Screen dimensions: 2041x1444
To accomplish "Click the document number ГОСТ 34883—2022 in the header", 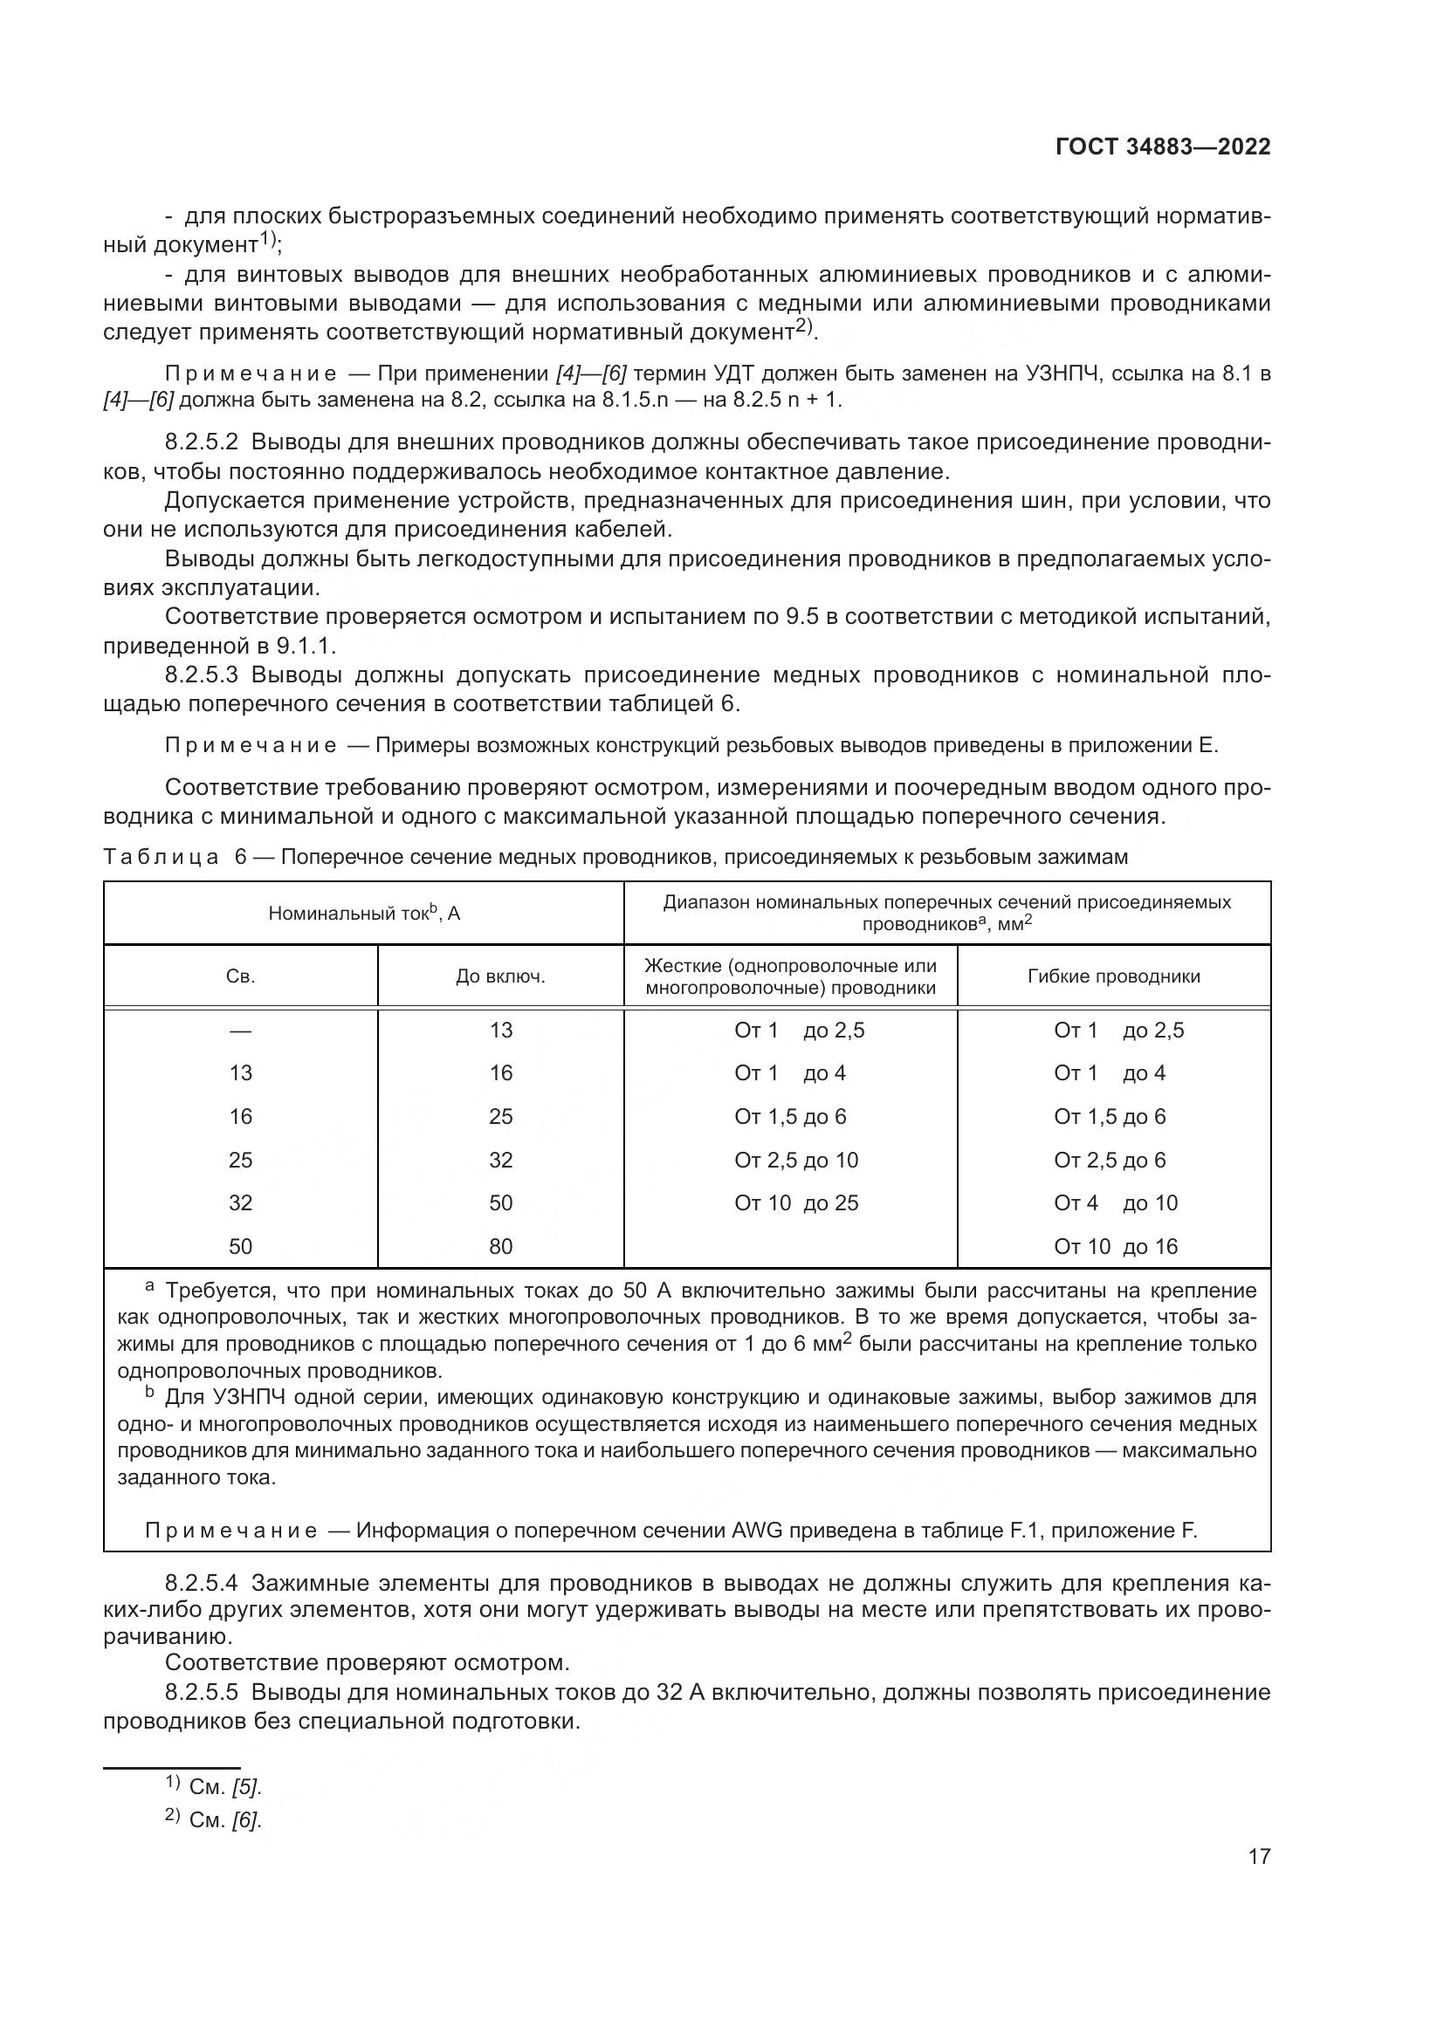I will (1163, 147).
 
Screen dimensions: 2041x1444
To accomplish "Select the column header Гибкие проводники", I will (1113, 976).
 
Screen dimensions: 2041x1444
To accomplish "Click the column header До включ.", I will (500, 976).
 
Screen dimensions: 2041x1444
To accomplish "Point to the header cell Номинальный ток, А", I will (364, 913).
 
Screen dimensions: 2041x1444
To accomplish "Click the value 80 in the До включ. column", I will (500, 1246).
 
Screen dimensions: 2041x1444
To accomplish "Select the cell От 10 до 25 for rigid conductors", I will (796, 1202).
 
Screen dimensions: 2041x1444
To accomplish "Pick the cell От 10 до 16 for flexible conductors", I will (1115, 1246).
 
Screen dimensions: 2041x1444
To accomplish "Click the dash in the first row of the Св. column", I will (240, 1031).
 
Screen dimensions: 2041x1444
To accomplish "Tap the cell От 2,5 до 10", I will (796, 1160).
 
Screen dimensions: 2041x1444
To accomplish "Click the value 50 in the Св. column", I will (240, 1246).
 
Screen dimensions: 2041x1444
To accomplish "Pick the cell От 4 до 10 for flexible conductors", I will (1115, 1202).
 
